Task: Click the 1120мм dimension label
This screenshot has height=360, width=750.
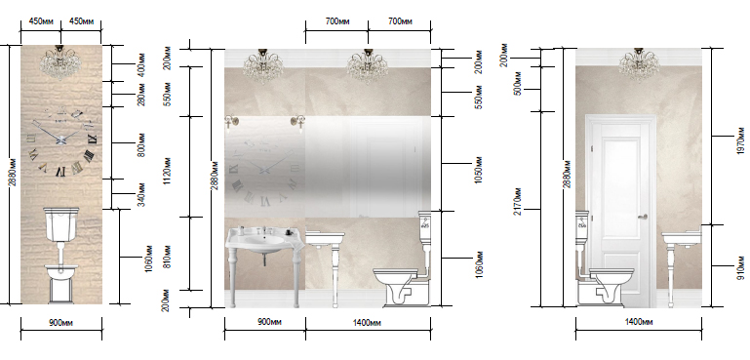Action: tap(167, 167)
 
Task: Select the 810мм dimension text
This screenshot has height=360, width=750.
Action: tap(167, 257)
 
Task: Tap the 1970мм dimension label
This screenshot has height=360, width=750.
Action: tap(741, 140)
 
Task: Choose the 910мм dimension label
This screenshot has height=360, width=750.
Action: tap(741, 268)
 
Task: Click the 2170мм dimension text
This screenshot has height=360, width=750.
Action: tap(519, 202)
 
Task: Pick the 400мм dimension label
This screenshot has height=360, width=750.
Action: tap(140, 65)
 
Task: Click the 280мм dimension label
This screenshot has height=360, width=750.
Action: tap(140, 95)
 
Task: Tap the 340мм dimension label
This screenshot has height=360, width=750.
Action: tap(140, 193)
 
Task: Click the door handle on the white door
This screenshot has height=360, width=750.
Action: tap(643, 217)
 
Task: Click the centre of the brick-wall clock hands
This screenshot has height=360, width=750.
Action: tap(61, 140)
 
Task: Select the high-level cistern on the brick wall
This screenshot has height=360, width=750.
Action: tap(61, 224)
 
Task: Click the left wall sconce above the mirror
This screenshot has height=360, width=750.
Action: tap(232, 122)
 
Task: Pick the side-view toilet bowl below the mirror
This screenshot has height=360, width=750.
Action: tap(400, 287)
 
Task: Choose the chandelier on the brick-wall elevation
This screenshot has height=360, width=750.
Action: tap(60, 62)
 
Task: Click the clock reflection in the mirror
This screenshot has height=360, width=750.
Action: tap(264, 171)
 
